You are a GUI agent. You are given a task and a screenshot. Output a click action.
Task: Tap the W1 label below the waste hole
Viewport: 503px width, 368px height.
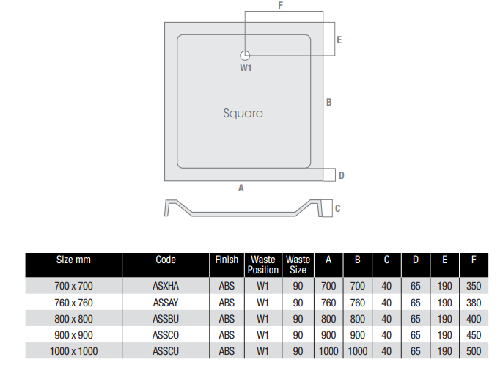point(246,68)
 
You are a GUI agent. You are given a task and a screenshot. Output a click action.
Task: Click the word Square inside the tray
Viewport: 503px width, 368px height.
point(243,114)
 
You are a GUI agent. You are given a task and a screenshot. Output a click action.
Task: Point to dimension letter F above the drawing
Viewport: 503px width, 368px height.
point(281,6)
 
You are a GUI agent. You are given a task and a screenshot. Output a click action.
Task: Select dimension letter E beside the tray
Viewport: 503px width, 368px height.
point(339,40)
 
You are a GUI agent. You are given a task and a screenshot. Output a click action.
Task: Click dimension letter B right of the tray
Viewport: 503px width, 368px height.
point(329,103)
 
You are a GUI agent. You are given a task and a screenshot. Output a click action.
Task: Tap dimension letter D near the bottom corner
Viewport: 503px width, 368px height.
point(342,175)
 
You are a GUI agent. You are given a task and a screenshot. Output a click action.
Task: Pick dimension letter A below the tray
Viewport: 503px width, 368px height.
point(241,188)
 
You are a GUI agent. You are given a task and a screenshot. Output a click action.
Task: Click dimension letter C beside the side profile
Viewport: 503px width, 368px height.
point(337,209)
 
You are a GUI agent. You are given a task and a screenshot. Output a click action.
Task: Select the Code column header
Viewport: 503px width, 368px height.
point(166,260)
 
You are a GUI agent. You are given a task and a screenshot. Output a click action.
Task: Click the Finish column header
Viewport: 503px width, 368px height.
point(227,260)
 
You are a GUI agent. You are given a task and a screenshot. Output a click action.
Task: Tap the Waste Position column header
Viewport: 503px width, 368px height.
point(263,265)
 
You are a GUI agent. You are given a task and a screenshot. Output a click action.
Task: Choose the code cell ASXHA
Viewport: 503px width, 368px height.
point(166,287)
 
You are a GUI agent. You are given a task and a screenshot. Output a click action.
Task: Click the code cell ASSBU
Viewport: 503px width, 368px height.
point(166,319)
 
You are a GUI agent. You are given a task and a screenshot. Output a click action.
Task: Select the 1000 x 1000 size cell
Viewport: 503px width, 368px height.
point(73,351)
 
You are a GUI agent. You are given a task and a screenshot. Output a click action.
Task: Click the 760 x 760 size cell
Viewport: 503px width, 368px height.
point(73,303)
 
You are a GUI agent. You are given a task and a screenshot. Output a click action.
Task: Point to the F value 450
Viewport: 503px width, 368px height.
point(474,335)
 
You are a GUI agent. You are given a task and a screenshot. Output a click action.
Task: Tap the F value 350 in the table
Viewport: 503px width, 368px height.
point(474,287)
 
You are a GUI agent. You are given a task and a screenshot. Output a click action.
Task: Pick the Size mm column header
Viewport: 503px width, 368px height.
point(73,260)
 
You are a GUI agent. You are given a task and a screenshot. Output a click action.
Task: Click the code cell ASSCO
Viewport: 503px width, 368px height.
point(166,335)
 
